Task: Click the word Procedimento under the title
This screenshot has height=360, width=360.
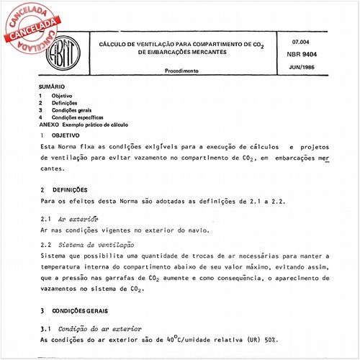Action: point(183,72)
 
